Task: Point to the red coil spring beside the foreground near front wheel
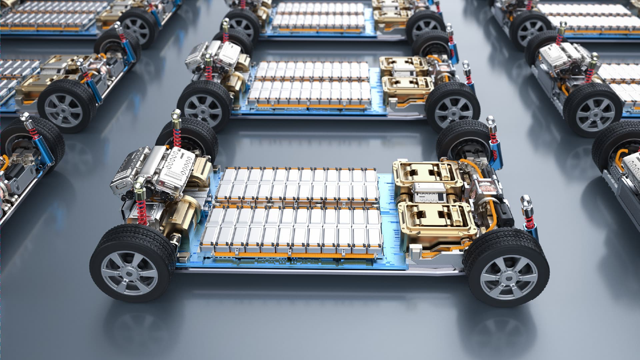pos(141,213)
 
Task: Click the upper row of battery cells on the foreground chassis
pos(297,185)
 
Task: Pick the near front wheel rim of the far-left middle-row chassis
pos(63,108)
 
